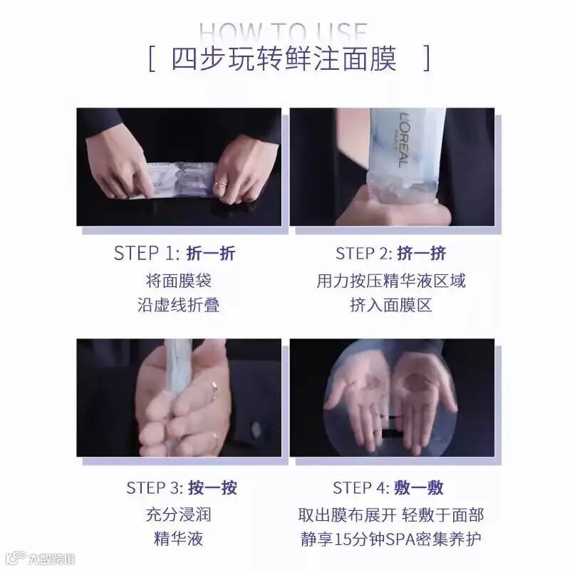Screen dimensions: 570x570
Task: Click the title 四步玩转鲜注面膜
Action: (x=284, y=58)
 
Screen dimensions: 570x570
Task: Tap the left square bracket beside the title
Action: (x=152, y=58)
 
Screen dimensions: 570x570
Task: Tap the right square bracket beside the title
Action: (x=426, y=58)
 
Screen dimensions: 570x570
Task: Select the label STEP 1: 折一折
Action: (x=175, y=254)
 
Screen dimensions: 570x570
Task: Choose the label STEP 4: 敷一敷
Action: (x=388, y=488)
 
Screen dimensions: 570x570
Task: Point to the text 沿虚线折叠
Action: (x=178, y=306)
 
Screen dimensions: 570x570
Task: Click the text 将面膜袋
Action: (x=178, y=280)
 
